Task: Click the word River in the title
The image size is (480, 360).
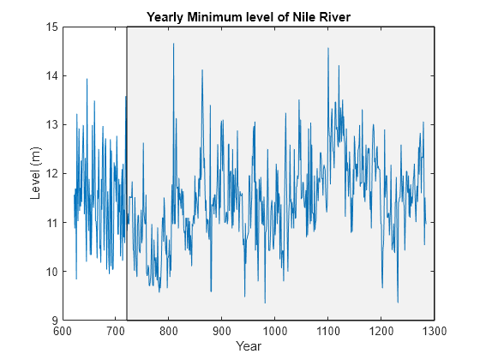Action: point(335,17)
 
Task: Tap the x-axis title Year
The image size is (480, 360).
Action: point(249,346)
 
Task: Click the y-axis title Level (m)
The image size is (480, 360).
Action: point(35,173)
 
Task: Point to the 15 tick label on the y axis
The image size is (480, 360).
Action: point(51,27)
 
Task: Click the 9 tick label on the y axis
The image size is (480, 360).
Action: point(55,321)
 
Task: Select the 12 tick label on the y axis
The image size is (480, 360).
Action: point(51,173)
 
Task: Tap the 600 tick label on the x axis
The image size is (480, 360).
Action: point(63,331)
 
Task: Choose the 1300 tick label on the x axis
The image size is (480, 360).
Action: point(434,331)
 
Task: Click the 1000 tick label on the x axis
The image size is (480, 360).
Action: point(275,331)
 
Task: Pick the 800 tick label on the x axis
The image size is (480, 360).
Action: point(169,331)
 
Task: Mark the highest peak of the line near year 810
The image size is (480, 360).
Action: point(173,44)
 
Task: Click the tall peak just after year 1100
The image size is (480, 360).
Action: point(328,48)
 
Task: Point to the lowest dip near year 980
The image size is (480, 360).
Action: point(265,303)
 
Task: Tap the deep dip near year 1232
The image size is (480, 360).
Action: point(398,303)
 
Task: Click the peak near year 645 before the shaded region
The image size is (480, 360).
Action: point(87,79)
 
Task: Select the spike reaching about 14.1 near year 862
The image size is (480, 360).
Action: point(202,70)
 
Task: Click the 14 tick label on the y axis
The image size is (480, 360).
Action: point(51,75)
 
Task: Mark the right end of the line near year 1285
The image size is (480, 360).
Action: point(426,224)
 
